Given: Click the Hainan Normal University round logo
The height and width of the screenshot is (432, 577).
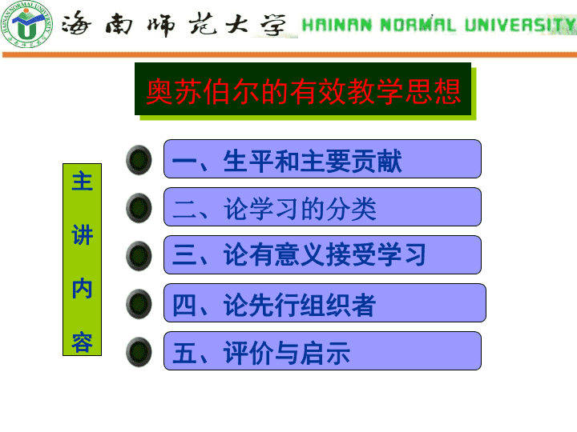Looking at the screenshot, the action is (x=26, y=24).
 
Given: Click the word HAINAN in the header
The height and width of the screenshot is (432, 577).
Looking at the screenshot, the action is (x=337, y=25).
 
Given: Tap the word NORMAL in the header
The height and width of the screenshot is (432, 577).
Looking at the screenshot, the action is (x=418, y=25).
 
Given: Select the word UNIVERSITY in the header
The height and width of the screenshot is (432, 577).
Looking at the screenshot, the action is (x=520, y=25).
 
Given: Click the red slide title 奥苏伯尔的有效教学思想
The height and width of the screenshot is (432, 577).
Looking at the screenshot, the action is (x=303, y=91).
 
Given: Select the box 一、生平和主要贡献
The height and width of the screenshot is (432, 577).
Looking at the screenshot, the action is (x=322, y=159).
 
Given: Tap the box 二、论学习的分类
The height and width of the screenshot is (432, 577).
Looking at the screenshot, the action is (x=322, y=207).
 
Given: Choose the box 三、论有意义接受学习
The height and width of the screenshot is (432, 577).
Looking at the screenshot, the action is (x=322, y=255).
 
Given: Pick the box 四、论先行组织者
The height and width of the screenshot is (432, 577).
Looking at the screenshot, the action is (x=325, y=303).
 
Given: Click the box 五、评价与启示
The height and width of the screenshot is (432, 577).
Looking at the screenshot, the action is (x=322, y=351).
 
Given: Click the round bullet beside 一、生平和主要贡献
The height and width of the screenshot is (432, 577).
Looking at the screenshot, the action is (x=139, y=160).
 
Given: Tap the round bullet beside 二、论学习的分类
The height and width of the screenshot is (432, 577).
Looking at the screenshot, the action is (x=139, y=208).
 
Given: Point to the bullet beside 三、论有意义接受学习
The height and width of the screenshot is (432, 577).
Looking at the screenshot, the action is (x=139, y=256).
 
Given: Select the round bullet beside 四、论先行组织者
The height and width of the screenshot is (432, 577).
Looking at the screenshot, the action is (x=139, y=304).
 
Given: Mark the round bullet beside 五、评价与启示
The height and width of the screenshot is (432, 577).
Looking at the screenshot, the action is (x=139, y=352).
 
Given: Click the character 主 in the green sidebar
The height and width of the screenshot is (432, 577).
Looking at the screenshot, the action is (x=82, y=181).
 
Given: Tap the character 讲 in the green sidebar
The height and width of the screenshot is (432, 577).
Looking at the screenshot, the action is (x=82, y=234).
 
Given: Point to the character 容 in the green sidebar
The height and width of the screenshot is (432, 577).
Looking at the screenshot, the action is (x=82, y=342).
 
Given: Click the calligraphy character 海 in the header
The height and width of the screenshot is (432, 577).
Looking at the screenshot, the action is (x=75, y=23).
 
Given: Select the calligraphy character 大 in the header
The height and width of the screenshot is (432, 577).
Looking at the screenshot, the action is (x=236, y=23).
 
